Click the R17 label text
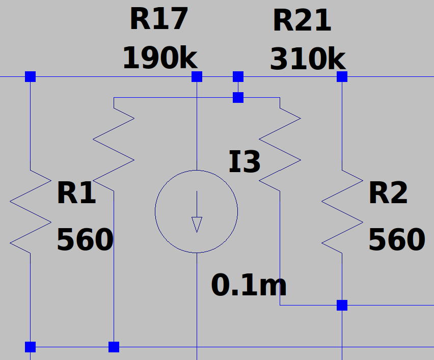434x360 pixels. pos(159,19)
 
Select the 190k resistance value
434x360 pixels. pos(160,58)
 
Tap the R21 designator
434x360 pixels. pos(302,20)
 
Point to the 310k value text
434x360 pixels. pos(308,59)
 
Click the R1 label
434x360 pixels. pos(76,192)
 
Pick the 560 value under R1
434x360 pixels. pos(85,239)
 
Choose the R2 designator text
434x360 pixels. pos(388,192)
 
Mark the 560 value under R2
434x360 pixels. pos(397,239)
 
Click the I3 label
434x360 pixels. pos(245,161)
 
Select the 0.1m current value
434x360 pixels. pos(249,285)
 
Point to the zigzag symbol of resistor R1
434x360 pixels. pos(31,212)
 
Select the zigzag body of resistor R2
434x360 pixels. pos(342,212)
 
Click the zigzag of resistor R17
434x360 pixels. pos(114,149)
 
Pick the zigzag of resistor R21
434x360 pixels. pos(280,149)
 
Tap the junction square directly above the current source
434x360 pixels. pos(197,77)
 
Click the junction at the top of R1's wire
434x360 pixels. pos(31,77)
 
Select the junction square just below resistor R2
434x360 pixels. pos(342,305)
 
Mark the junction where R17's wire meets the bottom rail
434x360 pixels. pos(114,347)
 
